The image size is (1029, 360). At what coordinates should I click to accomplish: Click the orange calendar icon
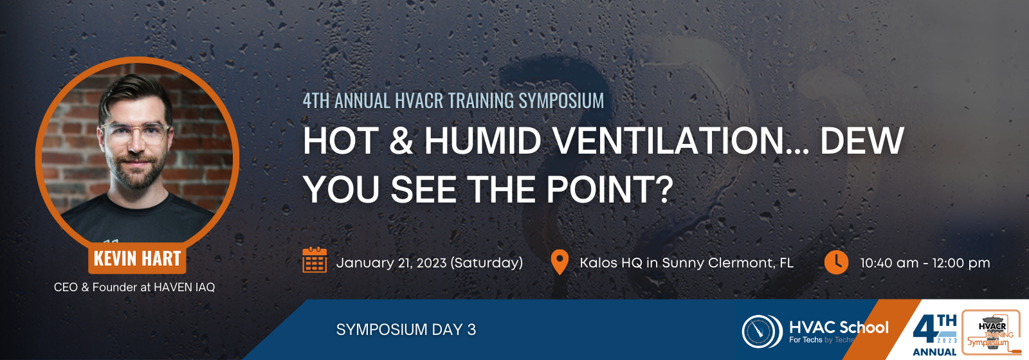pos(314,260)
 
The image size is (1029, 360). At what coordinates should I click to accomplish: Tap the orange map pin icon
pos(560,262)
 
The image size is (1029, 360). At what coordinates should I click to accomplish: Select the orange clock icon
pos(836,262)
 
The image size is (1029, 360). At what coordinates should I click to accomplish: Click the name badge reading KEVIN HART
pos(137,258)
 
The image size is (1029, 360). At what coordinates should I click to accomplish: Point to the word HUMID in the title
pos(482,141)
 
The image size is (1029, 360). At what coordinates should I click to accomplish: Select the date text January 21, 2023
pos(392,263)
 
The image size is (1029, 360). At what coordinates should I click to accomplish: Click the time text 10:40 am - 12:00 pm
pos(925,263)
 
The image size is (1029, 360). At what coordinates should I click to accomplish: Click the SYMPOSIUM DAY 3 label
pos(406,330)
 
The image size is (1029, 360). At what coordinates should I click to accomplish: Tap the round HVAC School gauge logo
pos(762,331)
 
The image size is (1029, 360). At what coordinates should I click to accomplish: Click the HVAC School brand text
pos(839,327)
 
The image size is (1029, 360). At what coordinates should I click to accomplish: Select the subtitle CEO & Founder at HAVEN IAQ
pos(134,287)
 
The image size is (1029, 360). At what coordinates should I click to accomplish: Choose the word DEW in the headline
pos(862,141)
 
